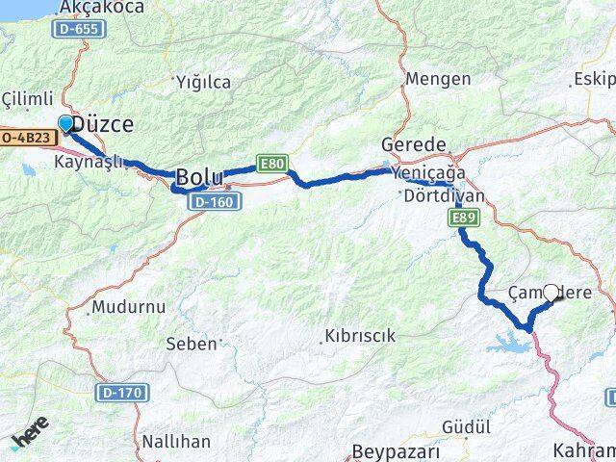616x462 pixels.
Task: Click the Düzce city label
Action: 103,125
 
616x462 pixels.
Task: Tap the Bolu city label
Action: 199,177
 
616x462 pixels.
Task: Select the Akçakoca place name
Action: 101,8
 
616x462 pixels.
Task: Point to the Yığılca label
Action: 202,82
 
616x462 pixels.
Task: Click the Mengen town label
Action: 438,79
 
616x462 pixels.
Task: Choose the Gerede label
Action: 413,141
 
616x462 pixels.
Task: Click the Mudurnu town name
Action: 128,308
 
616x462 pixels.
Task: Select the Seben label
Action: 192,343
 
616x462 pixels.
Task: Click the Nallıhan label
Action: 175,442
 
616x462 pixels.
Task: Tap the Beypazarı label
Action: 396,450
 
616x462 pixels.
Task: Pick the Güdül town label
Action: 467,425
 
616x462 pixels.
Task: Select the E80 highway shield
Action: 271,164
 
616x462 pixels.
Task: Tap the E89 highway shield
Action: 463,220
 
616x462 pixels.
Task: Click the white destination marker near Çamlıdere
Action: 552,293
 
